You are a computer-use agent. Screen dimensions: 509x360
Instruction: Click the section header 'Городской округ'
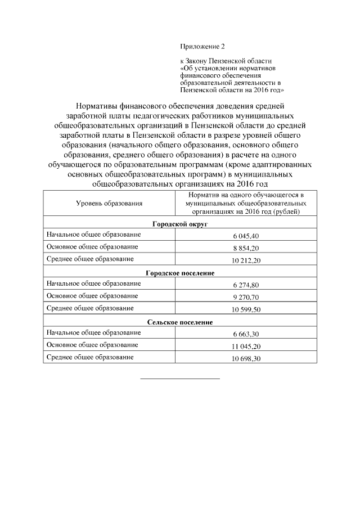coord(180,224)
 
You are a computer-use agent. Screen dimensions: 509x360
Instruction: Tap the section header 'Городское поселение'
coord(180,273)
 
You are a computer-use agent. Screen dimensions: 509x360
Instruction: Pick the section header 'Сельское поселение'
coord(180,322)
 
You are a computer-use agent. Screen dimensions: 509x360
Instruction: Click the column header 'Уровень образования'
coord(109,203)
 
